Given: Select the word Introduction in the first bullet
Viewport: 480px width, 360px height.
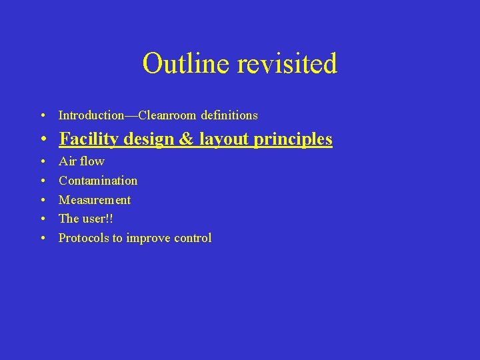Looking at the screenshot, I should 91,115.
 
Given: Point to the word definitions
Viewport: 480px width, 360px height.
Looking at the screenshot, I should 229,115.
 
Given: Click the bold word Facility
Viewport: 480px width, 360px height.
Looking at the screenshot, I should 89,139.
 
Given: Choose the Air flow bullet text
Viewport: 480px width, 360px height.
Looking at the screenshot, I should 81,161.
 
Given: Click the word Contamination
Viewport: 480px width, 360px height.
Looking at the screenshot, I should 98,181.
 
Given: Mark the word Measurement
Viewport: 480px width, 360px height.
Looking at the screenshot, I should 95,200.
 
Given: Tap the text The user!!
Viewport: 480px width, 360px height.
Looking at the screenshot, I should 86,219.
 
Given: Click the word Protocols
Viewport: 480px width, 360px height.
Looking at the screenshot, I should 83,238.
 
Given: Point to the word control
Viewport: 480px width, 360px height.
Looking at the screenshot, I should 192,238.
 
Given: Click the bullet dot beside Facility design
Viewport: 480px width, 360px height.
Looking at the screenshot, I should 42,140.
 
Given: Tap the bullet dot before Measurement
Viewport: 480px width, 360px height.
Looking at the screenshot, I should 42,200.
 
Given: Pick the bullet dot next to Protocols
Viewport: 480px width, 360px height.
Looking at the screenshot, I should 42,238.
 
